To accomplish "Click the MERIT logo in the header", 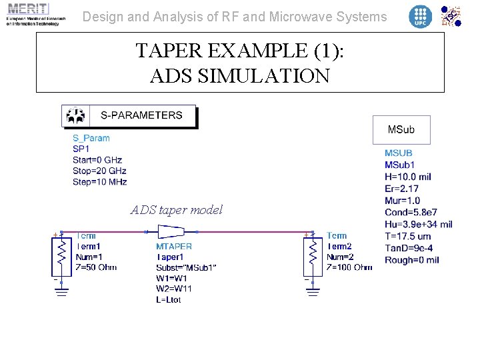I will pyautogui.click(x=33, y=14).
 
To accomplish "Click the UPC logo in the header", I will pyautogui.click(x=420, y=16).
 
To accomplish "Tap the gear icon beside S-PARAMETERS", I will pyautogui.click(x=75, y=116).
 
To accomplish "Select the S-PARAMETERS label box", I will pyautogui.click(x=141, y=115).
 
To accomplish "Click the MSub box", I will pyautogui.click(x=401, y=129).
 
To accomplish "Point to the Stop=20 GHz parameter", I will pyautogui.click(x=99, y=171).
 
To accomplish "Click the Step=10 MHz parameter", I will pyautogui.click(x=100, y=181).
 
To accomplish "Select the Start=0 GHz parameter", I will pyautogui.click(x=97, y=160).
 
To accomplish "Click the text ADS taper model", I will pyautogui.click(x=177, y=210).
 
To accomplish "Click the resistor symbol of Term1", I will pyautogui.click(x=61, y=254).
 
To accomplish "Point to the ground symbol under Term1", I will pyautogui.click(x=61, y=287).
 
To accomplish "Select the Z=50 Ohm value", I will pyautogui.click(x=96, y=267).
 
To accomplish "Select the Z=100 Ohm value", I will pyautogui.click(x=349, y=267).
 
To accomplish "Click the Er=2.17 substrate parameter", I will pyautogui.click(x=402, y=189).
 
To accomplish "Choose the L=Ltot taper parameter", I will pyautogui.click(x=168, y=300).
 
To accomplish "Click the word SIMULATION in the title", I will pyautogui.click(x=240, y=75).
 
